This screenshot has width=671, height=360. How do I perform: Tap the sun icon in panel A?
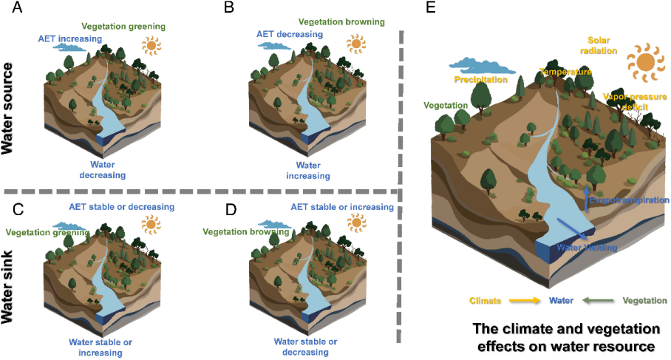(x=152, y=46)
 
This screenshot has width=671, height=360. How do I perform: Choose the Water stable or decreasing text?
(x=306, y=347)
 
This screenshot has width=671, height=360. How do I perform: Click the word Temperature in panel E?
(x=565, y=72)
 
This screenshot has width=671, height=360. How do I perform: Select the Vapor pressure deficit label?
(x=630, y=101)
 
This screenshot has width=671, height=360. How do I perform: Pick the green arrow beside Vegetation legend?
(x=596, y=301)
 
